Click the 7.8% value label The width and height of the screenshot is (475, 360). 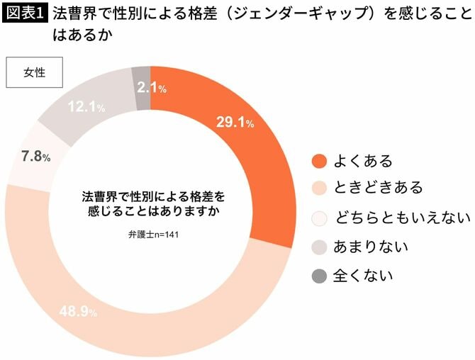click(x=35, y=157)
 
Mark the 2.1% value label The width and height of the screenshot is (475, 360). click(x=151, y=88)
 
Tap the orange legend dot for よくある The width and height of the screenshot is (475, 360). click(x=320, y=161)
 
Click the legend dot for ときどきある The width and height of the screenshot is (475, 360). click(x=320, y=189)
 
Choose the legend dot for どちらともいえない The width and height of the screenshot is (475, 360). click(x=320, y=218)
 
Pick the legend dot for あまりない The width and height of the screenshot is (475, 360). click(x=320, y=247)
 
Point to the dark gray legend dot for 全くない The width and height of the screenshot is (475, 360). click(x=320, y=275)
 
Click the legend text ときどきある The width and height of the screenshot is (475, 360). click(x=380, y=189)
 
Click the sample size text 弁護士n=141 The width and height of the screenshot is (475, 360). click(x=149, y=235)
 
